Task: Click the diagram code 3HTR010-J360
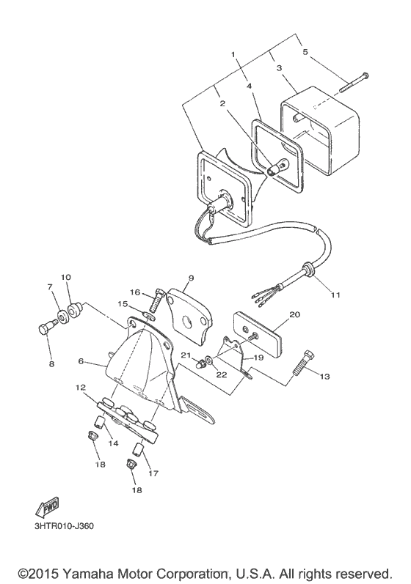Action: coord(64,526)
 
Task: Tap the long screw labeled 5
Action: coord(354,83)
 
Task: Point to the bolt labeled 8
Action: coord(46,328)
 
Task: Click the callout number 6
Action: coord(81,361)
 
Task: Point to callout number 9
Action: coord(192,278)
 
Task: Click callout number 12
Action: coord(80,388)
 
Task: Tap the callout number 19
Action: coord(258,357)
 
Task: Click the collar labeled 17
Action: coord(139,448)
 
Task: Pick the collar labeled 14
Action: coord(98,422)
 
